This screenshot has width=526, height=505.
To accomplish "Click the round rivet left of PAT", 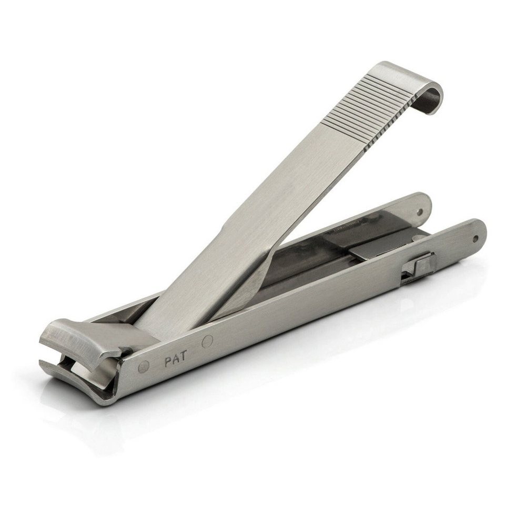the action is pyautogui.click(x=144, y=367).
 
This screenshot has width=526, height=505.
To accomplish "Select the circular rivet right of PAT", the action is pyautogui.click(x=208, y=341).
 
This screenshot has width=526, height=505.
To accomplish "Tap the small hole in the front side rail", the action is pyautogui.click(x=475, y=239).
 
